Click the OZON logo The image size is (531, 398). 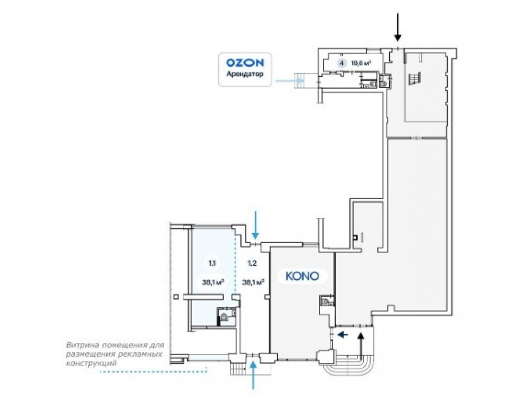[x=245, y=63]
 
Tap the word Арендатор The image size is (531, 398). [x=245, y=74]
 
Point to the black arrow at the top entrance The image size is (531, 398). [x=398, y=27]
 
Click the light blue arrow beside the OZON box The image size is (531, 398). [x=288, y=81]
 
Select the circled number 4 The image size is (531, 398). [x=341, y=63]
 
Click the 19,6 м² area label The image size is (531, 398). [x=360, y=63]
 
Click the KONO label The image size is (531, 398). [x=302, y=276]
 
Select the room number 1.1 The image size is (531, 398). [x=212, y=263]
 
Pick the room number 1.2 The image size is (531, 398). [x=252, y=263]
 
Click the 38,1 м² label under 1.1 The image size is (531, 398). [x=213, y=282]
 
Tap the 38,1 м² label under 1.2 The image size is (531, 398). [x=253, y=282]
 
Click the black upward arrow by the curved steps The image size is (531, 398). [x=361, y=346]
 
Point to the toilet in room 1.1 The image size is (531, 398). [x=224, y=318]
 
